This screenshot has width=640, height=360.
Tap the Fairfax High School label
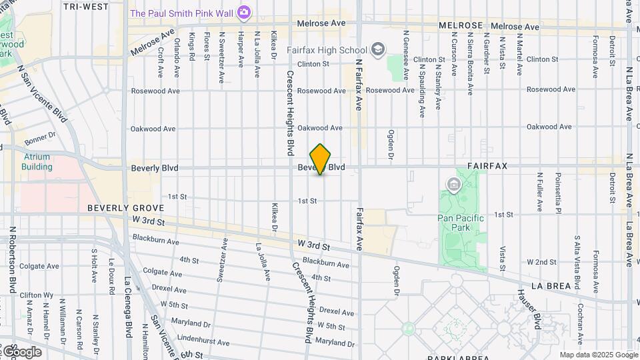pyautogui.click(x=327, y=50)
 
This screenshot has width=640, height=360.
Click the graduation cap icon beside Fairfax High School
pyautogui.click(x=378, y=49)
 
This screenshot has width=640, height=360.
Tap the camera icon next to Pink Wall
pyautogui.click(x=244, y=12)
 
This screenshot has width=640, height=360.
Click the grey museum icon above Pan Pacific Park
pyautogui.click(x=454, y=183)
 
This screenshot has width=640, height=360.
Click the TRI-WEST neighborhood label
pyautogui.click(x=86, y=6)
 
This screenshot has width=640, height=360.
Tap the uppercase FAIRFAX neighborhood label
pyautogui.click(x=487, y=165)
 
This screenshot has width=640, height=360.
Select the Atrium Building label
pyautogui.click(x=37, y=162)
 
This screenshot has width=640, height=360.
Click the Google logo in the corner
pyautogui.click(x=21, y=351)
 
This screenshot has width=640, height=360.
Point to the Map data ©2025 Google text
pyautogui.click(x=598, y=355)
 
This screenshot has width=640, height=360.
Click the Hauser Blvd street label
pyautogui.click(x=527, y=309)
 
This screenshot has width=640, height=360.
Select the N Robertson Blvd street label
pyautogui.click(x=12, y=260)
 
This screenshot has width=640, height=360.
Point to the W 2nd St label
pyautogui.click(x=541, y=262)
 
